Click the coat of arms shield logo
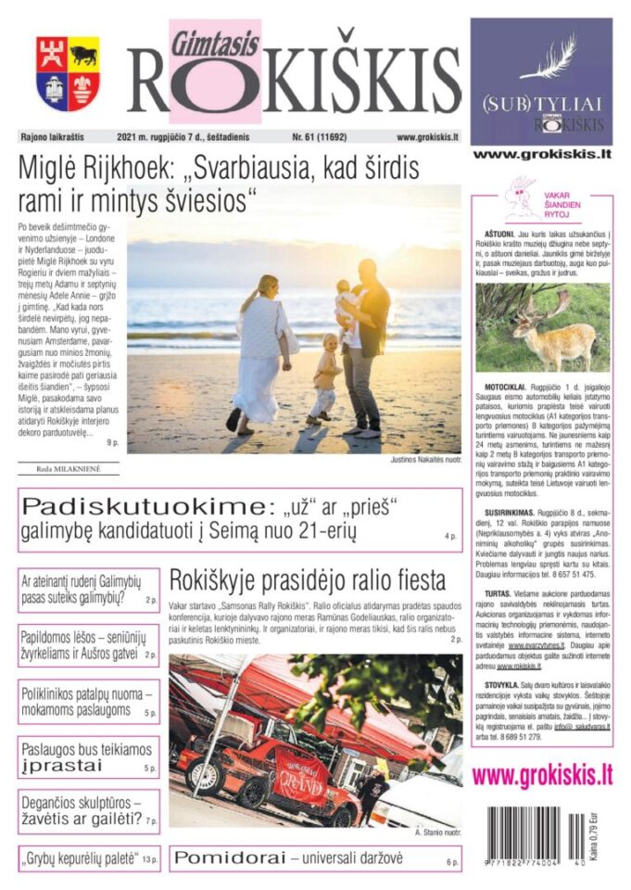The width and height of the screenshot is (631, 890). point(69,73)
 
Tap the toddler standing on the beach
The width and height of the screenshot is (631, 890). point(325,375)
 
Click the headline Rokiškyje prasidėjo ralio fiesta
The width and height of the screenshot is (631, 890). point(307,581)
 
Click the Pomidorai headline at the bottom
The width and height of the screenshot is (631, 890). point(288,858)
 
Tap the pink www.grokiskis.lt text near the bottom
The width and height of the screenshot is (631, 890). point(543,775)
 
